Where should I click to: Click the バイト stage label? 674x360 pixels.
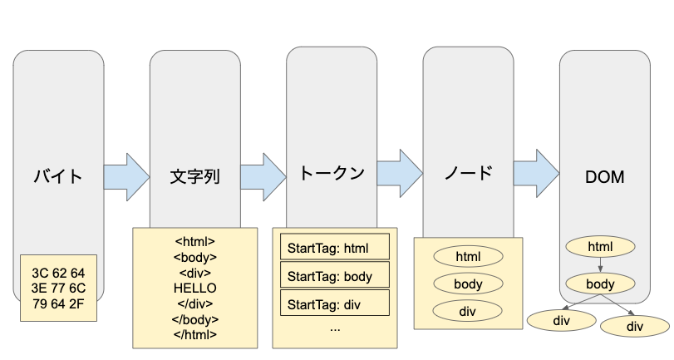coord(58,176)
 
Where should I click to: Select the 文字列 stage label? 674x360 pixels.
coord(194,177)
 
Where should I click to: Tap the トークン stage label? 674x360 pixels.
coord(332,174)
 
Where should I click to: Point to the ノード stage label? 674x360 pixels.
coord(468,174)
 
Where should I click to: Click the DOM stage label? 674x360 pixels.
coord(604,177)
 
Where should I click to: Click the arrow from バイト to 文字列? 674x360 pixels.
coord(126,176)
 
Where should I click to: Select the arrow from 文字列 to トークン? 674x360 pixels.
coord(263,175)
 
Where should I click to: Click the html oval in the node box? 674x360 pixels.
coord(468,256)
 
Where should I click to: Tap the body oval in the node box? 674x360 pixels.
coord(468,284)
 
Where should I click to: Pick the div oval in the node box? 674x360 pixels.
coord(468,311)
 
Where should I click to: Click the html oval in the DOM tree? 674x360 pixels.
coord(600,246)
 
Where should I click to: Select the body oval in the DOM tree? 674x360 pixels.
coord(600,284)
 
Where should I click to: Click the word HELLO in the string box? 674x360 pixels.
coord(194,288)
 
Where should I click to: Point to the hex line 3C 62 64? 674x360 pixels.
coord(58,273)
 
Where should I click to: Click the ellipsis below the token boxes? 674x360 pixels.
coord(335,328)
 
